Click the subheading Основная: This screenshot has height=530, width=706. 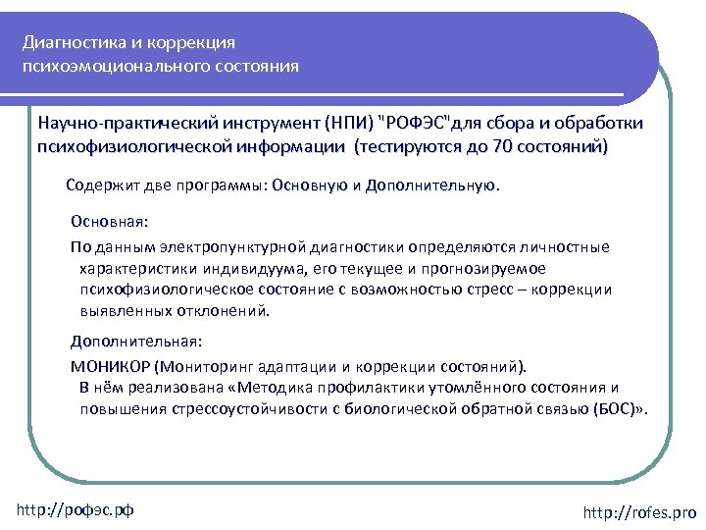click(109, 223)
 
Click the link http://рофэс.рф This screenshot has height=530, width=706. click(76, 509)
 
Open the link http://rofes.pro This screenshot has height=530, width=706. click(639, 512)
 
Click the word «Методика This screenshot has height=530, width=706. click(272, 387)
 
